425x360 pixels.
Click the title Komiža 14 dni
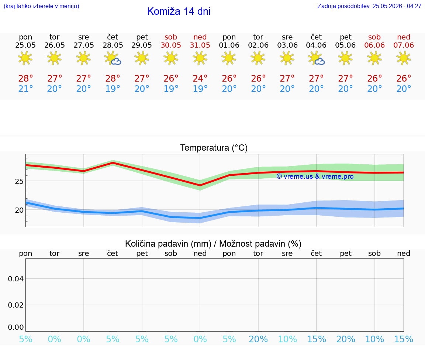[179, 11]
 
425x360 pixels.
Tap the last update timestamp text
[369, 6]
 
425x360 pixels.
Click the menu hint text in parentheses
[41, 6]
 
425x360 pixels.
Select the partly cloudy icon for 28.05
[113, 58]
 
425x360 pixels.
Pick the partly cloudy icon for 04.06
[316, 58]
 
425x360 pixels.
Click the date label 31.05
[200, 45]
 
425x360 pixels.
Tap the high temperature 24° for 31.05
[200, 79]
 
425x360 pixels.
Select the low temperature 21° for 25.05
[25, 89]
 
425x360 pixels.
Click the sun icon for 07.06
[404, 58]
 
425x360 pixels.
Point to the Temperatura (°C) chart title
[214, 148]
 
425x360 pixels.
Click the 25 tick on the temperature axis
[19, 181]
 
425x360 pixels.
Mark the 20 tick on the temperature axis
[19, 210]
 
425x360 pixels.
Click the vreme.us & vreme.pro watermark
[315, 176]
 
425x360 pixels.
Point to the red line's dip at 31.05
[200, 185]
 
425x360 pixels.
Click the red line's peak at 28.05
[113, 162]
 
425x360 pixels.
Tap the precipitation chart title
[213, 244]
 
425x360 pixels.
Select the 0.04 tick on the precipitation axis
[16, 279]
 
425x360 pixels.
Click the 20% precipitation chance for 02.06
[258, 339]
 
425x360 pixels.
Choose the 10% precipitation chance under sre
[287, 339]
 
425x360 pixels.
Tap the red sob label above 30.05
[171, 37]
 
